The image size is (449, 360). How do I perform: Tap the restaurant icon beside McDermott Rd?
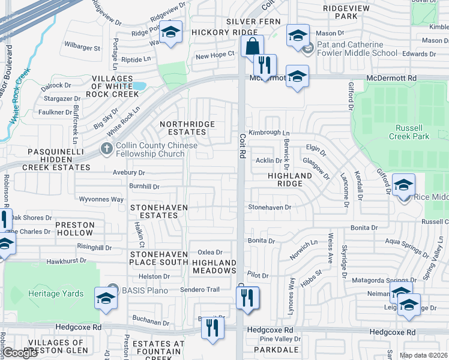265,64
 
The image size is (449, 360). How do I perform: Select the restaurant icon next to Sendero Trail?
247,297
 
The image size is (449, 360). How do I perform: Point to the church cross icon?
106,148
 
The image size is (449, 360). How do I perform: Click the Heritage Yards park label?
52,293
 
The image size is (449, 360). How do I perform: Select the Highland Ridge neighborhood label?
290,180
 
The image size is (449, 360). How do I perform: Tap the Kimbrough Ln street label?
270,133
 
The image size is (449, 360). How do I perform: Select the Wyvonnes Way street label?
101,199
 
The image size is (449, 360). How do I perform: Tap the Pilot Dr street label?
258,275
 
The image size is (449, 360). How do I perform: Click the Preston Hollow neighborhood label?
75,229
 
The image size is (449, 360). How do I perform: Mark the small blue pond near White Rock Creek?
139,86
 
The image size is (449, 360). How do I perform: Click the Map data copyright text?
424,355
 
